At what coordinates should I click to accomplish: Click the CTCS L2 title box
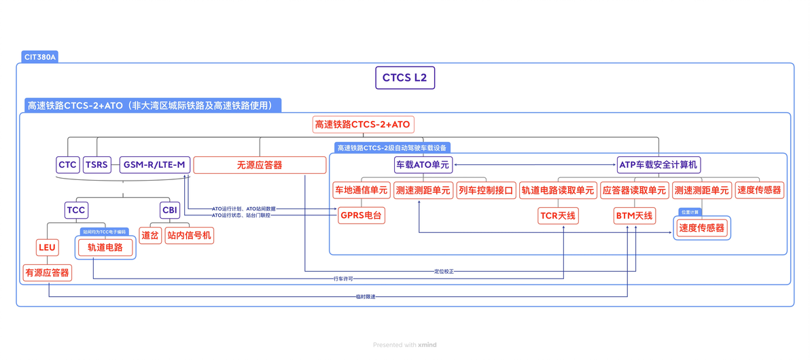tap(405, 77)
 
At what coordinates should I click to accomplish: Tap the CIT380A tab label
tap(40, 58)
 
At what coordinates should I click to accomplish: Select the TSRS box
tap(96, 164)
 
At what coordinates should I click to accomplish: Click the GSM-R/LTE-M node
tap(154, 164)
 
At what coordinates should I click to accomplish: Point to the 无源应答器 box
tap(260, 165)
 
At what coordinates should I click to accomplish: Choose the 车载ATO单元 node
tap(423, 164)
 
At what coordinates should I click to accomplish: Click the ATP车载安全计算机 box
tap(658, 164)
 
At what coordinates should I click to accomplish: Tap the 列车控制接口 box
tap(486, 190)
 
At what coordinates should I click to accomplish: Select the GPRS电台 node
tap(361, 215)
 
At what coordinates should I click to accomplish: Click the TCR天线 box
tap(557, 216)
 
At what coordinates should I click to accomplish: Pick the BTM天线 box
tap(634, 216)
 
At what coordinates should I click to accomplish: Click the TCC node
tap(76, 210)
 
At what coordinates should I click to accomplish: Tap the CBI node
tap(170, 210)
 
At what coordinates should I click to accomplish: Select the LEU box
tap(47, 247)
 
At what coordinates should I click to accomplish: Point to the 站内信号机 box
tap(190, 236)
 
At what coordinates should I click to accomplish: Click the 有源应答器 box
tap(47, 272)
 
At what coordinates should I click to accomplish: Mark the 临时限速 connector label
tap(365, 297)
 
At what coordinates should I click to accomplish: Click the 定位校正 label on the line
tap(444, 272)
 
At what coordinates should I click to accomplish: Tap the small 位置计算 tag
tap(690, 213)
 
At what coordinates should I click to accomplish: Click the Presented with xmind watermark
tap(405, 345)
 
